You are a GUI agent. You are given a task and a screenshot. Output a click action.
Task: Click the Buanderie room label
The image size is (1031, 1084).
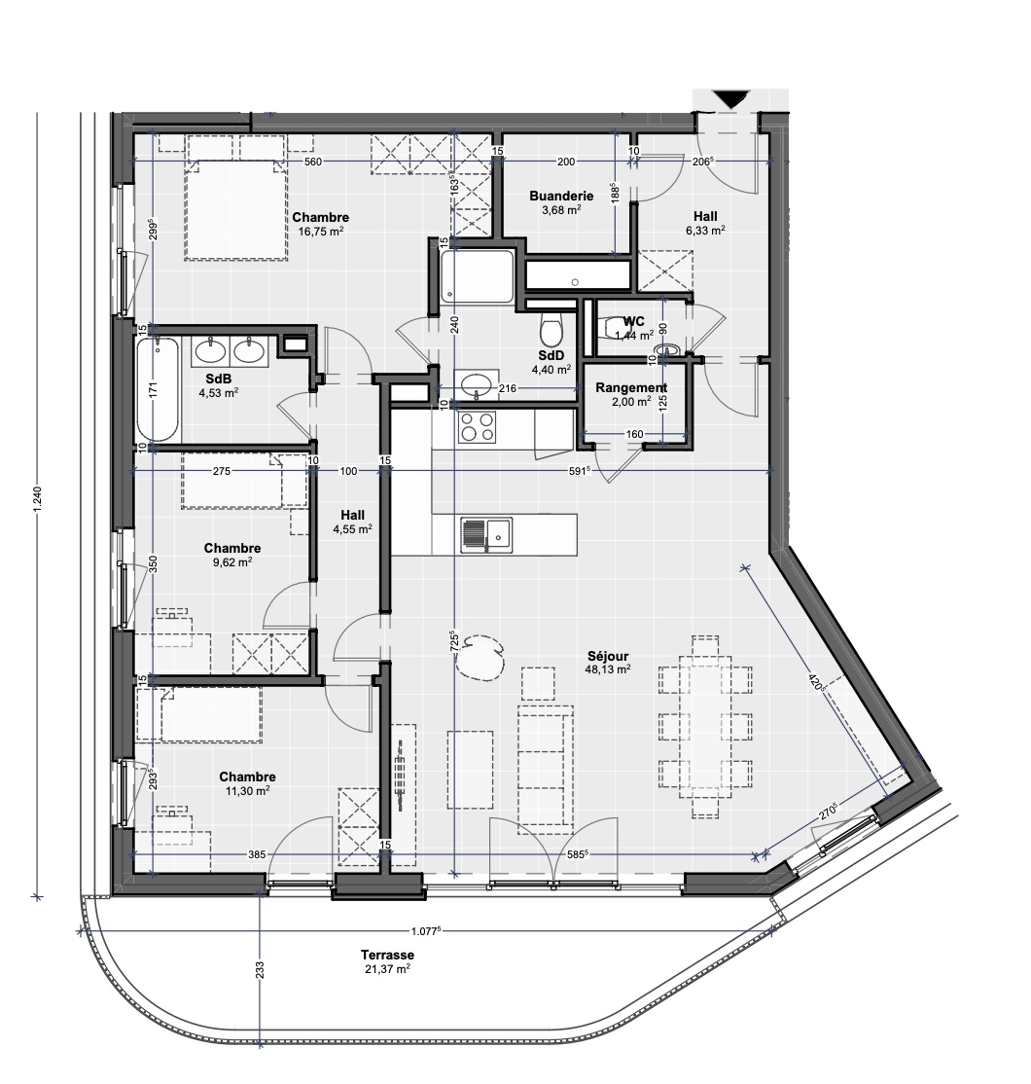pos(554,196)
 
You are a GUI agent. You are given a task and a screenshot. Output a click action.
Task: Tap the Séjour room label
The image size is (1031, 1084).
pos(609,656)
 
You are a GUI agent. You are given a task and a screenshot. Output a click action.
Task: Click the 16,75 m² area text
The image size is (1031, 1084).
pos(320,232)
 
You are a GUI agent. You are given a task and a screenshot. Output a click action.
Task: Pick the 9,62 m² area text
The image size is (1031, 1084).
pos(232,561)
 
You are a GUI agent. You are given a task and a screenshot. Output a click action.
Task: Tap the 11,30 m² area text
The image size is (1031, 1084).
pos(247,790)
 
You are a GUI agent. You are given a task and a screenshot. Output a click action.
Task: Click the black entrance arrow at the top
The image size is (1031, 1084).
pos(729,98)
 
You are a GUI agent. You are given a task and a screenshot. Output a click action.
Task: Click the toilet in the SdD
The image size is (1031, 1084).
pos(551,328)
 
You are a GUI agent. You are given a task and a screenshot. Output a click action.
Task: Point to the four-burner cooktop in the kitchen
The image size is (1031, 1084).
pos(478,427)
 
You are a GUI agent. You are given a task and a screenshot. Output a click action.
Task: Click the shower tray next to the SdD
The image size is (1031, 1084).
pos(478,275)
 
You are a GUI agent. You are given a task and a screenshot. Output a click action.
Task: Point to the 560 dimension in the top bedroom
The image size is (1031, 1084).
pos(312,162)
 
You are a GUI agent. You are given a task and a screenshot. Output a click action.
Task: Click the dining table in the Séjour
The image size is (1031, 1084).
pos(706,718)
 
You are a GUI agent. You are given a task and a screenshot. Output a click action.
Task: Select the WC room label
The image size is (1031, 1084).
pos(634,321)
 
